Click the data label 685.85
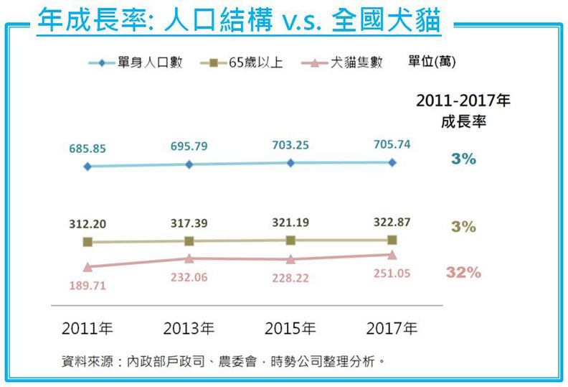click(87, 149)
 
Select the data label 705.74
click(392, 144)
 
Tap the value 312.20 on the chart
click(87, 224)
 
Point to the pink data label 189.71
click(87, 285)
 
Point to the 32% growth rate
click(463, 273)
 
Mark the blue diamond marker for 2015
click(290, 163)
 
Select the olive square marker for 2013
click(189, 241)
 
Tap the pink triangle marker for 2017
click(392, 254)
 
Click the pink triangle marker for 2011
click(87, 267)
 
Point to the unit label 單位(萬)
click(432, 62)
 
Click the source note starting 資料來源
click(223, 361)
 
